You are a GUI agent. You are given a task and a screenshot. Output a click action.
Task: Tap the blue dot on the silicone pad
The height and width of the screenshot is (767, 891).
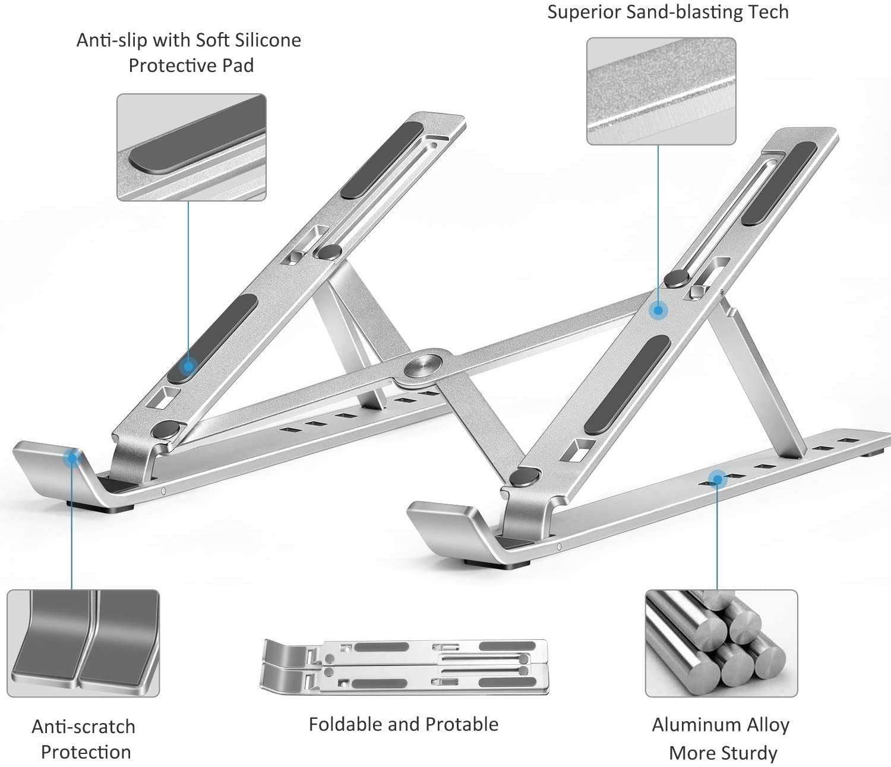[188, 366]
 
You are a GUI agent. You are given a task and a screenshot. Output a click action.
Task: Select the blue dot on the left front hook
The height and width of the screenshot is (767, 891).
[73, 458]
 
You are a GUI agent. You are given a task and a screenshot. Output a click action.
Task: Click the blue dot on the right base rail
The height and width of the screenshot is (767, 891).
[717, 479]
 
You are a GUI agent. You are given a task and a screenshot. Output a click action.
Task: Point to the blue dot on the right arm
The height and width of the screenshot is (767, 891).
[658, 310]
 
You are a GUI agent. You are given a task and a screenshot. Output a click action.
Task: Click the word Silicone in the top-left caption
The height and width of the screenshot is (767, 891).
[269, 40]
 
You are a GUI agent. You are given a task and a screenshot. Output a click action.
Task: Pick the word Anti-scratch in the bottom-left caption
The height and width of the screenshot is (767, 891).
[83, 727]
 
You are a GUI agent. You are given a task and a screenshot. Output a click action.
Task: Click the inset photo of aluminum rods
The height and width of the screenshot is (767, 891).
[721, 643]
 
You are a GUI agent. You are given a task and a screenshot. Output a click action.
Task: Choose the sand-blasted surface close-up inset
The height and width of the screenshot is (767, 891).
[661, 91]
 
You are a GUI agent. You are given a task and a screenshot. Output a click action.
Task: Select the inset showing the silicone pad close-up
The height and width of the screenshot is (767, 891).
[191, 147]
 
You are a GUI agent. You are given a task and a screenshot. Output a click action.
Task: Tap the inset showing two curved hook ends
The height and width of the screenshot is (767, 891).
[83, 643]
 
